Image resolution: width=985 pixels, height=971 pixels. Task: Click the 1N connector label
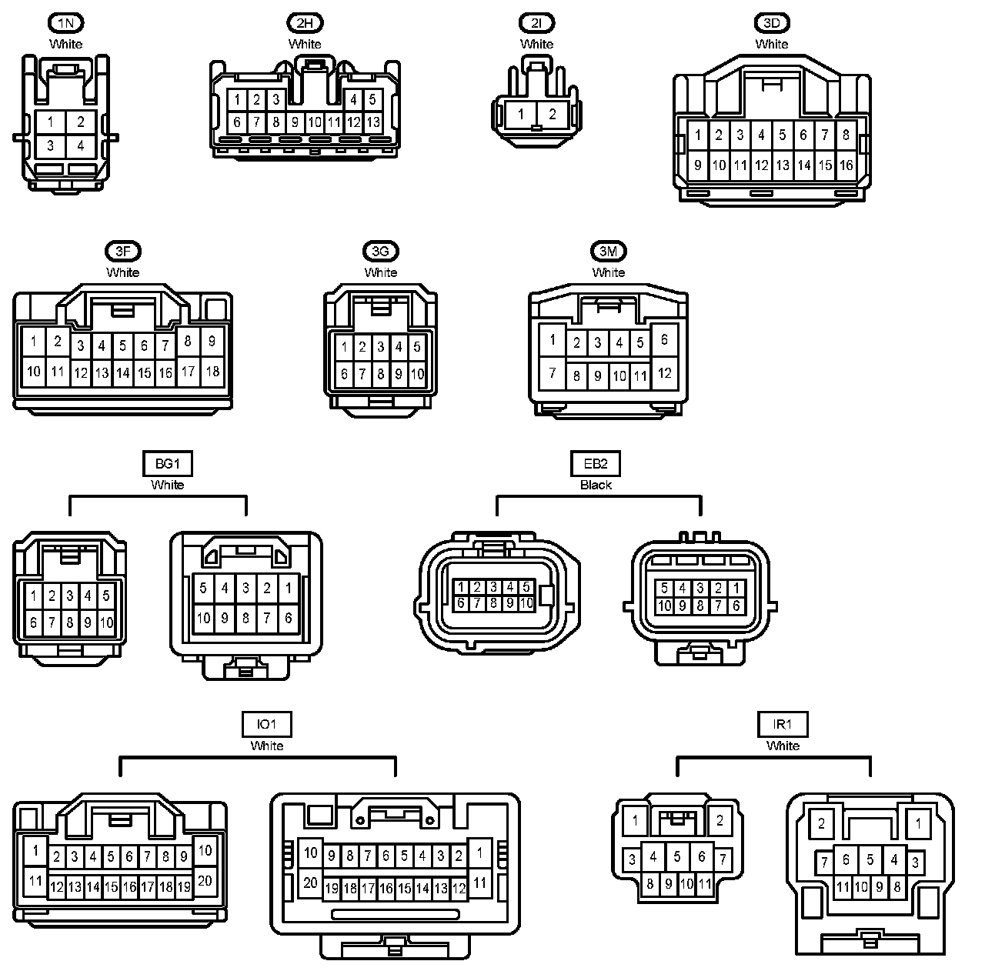point(65,23)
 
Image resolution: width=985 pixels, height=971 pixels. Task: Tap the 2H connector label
point(305,23)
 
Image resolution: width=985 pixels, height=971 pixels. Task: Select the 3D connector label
point(772,23)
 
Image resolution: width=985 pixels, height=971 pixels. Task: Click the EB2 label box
point(596,464)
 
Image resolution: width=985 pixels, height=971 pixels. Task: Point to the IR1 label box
point(783,724)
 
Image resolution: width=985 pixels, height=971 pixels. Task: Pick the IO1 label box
point(266,724)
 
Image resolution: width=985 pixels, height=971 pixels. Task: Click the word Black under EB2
point(596,485)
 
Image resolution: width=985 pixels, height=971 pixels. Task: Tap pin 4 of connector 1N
point(80,145)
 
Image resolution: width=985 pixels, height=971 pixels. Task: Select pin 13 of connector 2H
point(373,122)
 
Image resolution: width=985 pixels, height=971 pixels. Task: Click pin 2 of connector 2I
point(553,115)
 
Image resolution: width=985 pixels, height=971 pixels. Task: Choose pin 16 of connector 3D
point(846,165)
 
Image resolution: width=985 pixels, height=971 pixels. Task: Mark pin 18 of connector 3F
point(212,371)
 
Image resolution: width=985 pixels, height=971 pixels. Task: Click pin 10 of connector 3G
point(417,374)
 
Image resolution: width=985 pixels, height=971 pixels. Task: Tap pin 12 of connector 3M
point(664,373)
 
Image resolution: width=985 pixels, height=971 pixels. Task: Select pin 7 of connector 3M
point(552,374)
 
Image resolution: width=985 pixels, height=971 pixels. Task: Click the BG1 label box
point(167,464)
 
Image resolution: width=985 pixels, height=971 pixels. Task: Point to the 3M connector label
point(608,252)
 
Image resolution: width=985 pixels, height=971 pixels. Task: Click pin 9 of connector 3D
point(697,165)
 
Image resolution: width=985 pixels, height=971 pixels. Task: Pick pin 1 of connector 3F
point(33,342)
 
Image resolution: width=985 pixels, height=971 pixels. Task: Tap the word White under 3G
point(381,272)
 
